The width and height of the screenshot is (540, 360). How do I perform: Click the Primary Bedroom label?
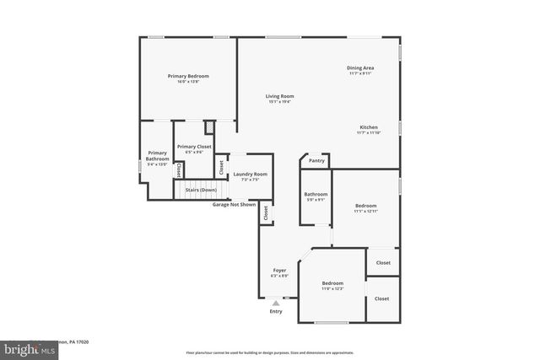(x=187, y=76)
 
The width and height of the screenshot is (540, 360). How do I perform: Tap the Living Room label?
(x=280, y=96)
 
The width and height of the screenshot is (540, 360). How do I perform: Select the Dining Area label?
(x=360, y=67)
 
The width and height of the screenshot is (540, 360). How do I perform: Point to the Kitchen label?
(x=368, y=126)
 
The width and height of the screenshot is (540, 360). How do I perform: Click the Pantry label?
(x=316, y=160)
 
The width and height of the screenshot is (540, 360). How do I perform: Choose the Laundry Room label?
(x=250, y=174)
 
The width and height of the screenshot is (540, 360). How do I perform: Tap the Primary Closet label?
(x=194, y=147)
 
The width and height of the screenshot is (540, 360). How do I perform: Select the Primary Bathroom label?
(x=158, y=156)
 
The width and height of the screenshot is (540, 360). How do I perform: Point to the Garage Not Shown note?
(x=234, y=204)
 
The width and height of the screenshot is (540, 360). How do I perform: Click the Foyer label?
(x=279, y=270)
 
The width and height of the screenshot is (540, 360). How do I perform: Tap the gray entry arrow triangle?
(x=276, y=303)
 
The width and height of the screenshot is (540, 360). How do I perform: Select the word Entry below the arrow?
(x=276, y=311)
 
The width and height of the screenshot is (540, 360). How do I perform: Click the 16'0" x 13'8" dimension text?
(x=187, y=82)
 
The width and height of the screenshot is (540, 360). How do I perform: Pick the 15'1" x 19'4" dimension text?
(x=280, y=102)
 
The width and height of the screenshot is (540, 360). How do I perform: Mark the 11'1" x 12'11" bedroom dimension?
(x=365, y=212)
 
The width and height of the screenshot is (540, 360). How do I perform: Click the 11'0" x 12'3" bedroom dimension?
(x=332, y=289)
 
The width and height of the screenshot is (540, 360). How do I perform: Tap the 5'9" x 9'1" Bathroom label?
(x=316, y=201)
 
